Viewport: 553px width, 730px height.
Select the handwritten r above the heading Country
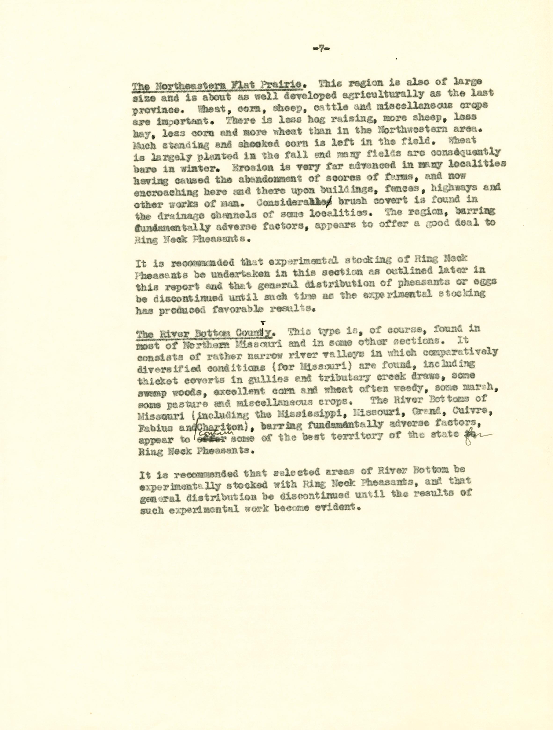263,323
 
